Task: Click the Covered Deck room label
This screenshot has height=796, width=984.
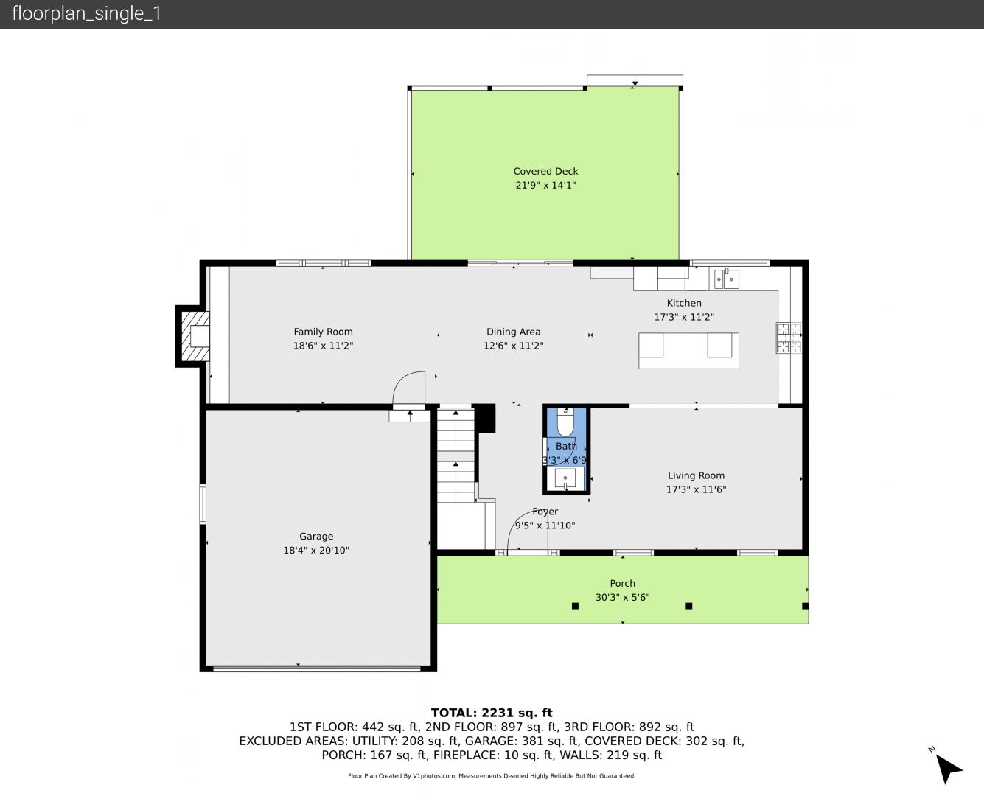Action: pyautogui.click(x=545, y=172)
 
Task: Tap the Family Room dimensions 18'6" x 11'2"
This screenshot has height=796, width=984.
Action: pyautogui.click(x=323, y=346)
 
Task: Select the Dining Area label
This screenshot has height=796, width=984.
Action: pyautogui.click(x=513, y=332)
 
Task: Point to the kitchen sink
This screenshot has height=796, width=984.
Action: pyautogui.click(x=727, y=279)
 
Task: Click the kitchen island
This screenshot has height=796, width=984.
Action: pyautogui.click(x=688, y=351)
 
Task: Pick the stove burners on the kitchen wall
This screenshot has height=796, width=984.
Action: pyautogui.click(x=789, y=338)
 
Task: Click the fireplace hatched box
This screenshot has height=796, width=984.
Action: pyautogui.click(x=195, y=336)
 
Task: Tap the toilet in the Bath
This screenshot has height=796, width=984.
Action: pyautogui.click(x=565, y=422)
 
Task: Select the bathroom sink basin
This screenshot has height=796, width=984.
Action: pyautogui.click(x=565, y=478)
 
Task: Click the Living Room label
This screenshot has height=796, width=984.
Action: pyautogui.click(x=696, y=475)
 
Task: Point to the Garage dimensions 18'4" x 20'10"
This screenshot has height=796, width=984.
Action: pyautogui.click(x=316, y=551)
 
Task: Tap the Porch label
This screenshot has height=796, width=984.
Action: pyautogui.click(x=622, y=583)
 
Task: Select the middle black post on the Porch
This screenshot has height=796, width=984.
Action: pyautogui.click(x=688, y=606)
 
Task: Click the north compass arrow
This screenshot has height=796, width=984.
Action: pyautogui.click(x=948, y=769)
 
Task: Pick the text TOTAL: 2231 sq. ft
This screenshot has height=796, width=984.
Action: pyautogui.click(x=492, y=713)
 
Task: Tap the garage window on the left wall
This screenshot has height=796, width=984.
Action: pyautogui.click(x=203, y=504)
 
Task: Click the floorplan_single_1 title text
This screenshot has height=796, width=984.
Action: pyautogui.click(x=86, y=14)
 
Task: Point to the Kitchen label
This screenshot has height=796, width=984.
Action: pyautogui.click(x=684, y=303)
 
